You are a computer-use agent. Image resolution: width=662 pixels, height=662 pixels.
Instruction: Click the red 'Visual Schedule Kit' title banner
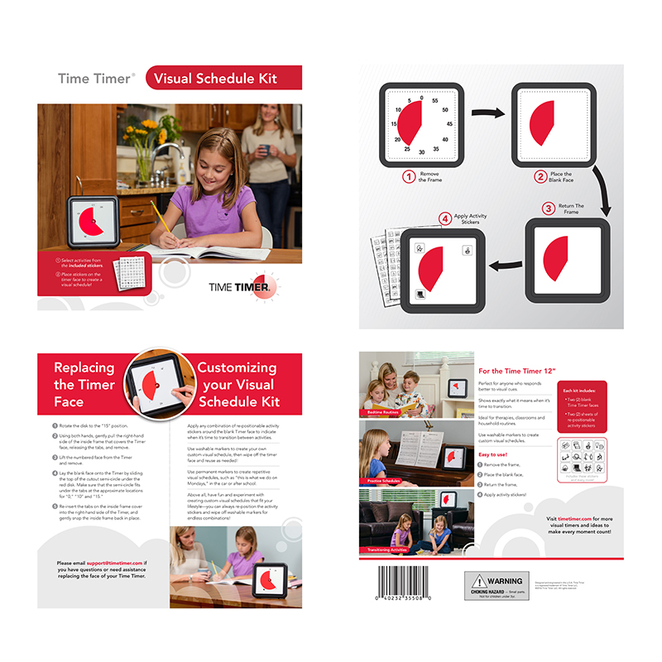click(x=223, y=79)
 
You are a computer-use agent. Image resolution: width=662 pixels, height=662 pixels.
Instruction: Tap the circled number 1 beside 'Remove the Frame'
click(x=408, y=176)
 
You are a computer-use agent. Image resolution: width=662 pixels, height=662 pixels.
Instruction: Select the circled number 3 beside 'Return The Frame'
click(x=548, y=208)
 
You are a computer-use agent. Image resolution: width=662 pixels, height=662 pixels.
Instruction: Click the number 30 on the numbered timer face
click(x=422, y=152)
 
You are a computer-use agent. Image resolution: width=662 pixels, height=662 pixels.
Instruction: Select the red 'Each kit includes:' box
click(x=577, y=405)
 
